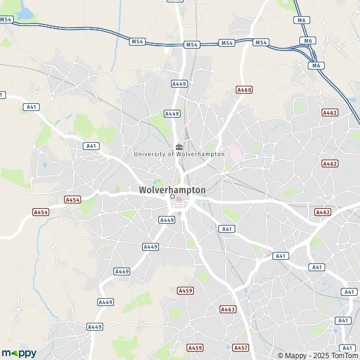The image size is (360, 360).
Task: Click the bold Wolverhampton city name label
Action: click(172, 190)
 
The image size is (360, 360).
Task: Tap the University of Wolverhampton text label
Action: click(179, 154)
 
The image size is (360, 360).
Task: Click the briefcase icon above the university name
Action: click(179, 146)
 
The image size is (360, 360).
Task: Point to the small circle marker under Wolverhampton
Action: click(172, 196)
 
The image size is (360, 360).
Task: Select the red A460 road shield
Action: click(244, 90)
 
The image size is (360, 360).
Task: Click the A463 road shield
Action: click(228, 310)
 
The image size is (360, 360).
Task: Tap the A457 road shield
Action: click(241, 347)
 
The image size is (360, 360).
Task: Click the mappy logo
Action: click(19, 353)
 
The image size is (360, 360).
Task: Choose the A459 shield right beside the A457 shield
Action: click(195, 347)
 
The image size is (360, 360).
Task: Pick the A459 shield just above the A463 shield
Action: click(186, 290)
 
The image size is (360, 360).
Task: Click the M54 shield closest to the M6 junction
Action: click(261, 43)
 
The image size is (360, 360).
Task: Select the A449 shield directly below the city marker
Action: click(167, 220)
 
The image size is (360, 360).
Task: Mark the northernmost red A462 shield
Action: click(330, 112)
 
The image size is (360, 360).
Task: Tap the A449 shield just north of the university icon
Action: click(172, 113)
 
